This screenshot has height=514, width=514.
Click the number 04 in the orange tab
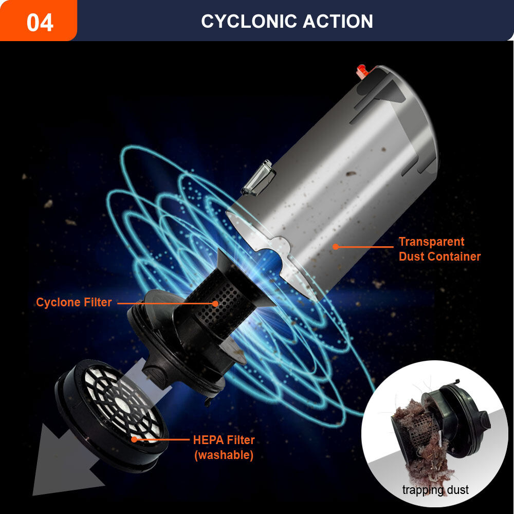40,22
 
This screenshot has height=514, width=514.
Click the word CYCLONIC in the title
249,21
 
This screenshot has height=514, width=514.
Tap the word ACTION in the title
338,21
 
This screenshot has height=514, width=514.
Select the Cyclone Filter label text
74,302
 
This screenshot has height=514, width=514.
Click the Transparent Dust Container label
439,249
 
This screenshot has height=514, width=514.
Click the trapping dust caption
435,490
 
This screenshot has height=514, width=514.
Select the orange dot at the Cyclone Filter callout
215,304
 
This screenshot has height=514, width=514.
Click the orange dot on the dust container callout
335,247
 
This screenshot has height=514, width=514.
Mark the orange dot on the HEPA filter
134,439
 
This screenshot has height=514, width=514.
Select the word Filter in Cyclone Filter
98,302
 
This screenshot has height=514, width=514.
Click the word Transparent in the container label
431,242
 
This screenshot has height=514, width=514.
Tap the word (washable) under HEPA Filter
224,455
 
